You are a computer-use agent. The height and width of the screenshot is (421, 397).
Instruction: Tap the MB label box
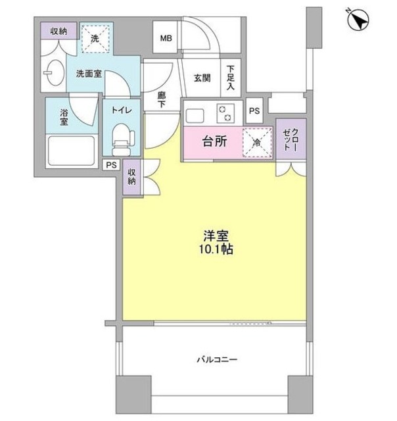coord(165,38)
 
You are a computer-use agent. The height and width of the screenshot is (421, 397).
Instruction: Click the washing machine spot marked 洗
coord(95,38)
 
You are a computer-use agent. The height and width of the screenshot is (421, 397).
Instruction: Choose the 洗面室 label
coord(88,73)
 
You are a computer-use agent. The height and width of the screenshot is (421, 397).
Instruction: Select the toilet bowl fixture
coord(122,139)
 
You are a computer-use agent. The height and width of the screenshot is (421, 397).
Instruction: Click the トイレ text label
coord(121,111)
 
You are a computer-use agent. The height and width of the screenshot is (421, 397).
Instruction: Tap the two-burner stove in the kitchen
coord(226,112)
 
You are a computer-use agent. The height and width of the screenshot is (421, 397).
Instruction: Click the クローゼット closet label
coord(291,139)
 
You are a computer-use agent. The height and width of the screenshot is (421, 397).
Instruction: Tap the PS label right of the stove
coord(254,111)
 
